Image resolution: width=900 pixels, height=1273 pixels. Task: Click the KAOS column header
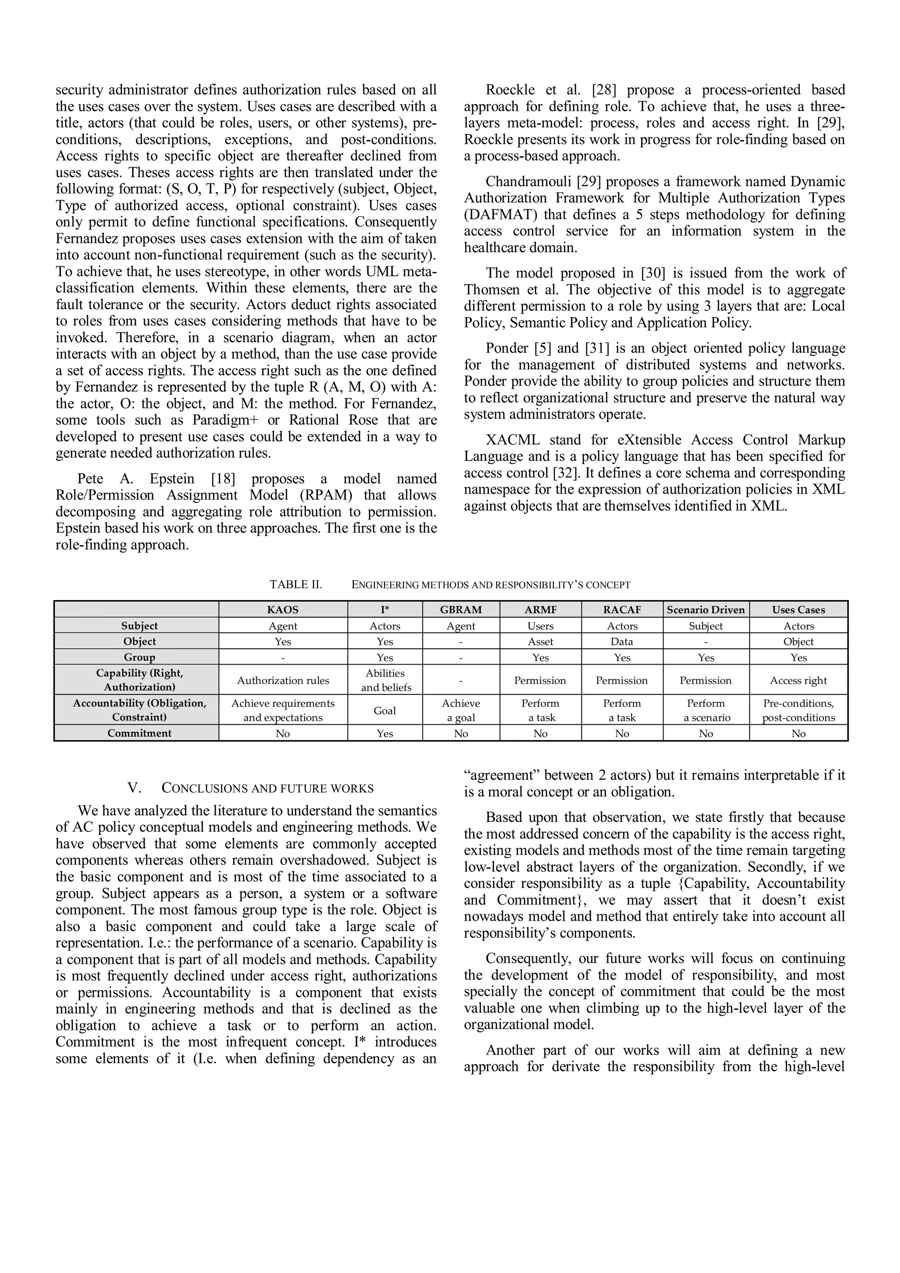click(x=283, y=609)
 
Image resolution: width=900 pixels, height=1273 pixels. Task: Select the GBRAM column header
click(x=461, y=609)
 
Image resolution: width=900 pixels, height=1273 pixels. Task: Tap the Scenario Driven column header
click(x=705, y=609)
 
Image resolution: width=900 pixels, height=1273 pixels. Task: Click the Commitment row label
click(x=139, y=733)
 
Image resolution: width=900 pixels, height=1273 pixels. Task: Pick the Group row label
click(x=139, y=657)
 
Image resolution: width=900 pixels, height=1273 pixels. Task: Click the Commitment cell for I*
click(x=385, y=734)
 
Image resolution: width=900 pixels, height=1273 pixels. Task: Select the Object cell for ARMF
click(x=540, y=641)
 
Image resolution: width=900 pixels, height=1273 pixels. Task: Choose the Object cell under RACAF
click(x=622, y=641)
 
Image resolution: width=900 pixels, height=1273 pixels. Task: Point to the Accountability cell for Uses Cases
click(x=798, y=710)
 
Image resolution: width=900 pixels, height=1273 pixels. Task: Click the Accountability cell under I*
click(x=385, y=710)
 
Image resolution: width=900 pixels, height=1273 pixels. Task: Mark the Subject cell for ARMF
click(x=540, y=626)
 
